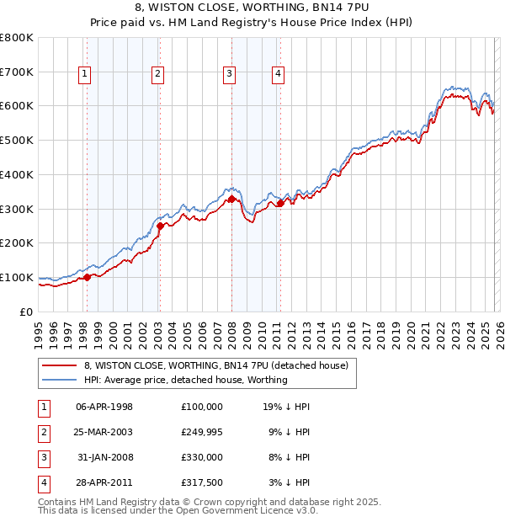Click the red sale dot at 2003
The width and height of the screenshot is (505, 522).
160,226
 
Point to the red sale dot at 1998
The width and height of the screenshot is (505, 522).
87,277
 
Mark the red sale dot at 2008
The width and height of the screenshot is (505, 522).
231,199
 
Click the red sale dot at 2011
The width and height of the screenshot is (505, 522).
280,203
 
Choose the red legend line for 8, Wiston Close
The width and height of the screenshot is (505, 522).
59,366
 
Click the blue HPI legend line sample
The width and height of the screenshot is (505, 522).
59,380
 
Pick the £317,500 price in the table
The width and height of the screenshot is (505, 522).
202,482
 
